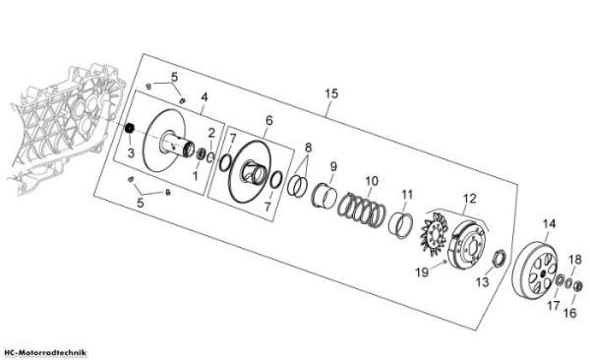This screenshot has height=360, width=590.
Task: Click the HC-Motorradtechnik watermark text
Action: click(45, 353)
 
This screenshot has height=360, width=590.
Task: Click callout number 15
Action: click(331, 93)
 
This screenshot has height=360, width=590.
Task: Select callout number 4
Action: click(205, 97)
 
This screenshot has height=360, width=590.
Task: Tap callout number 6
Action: click(268, 121)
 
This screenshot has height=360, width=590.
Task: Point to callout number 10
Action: click(372, 181)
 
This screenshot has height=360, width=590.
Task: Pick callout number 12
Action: click(470, 199)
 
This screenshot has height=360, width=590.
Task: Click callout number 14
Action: click(549, 224)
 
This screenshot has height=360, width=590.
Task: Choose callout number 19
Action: click(422, 271)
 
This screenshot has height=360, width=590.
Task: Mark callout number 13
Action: click(483, 281)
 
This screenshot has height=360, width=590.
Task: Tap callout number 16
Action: click(570, 313)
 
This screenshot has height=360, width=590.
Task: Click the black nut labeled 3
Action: click(130, 128)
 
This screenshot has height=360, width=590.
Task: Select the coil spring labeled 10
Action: click(362, 210)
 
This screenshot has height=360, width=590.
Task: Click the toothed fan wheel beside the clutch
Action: click(434, 234)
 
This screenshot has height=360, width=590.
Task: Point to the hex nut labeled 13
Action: click(499, 259)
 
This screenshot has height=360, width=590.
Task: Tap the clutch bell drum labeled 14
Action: click(534, 270)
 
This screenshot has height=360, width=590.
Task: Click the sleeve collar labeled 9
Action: click(324, 196)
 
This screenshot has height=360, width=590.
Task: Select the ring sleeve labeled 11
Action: click(401, 225)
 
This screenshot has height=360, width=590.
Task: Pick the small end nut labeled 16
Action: click(578, 286)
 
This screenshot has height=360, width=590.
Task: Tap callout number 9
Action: click(333, 166)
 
